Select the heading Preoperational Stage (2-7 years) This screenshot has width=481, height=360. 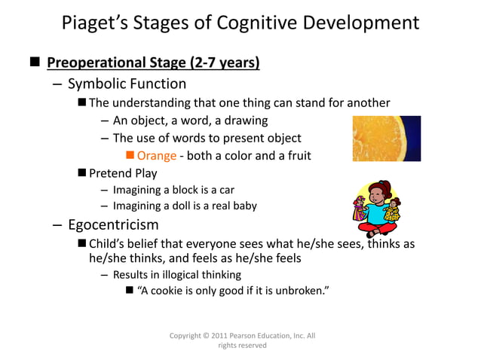tap(154, 61)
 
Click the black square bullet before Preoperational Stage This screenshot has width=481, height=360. tap(35, 61)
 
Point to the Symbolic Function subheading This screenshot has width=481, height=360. tap(127, 83)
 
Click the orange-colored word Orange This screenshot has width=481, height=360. tap(156, 156)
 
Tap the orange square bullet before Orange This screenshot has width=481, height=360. tap(130, 156)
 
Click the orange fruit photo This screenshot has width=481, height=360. tap(386, 138)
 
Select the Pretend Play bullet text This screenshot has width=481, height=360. tap(123, 173)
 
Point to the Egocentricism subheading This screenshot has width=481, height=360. tap(113, 224)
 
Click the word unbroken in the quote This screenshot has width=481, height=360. tap(301, 291)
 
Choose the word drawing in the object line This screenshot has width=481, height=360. tap(244, 120)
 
